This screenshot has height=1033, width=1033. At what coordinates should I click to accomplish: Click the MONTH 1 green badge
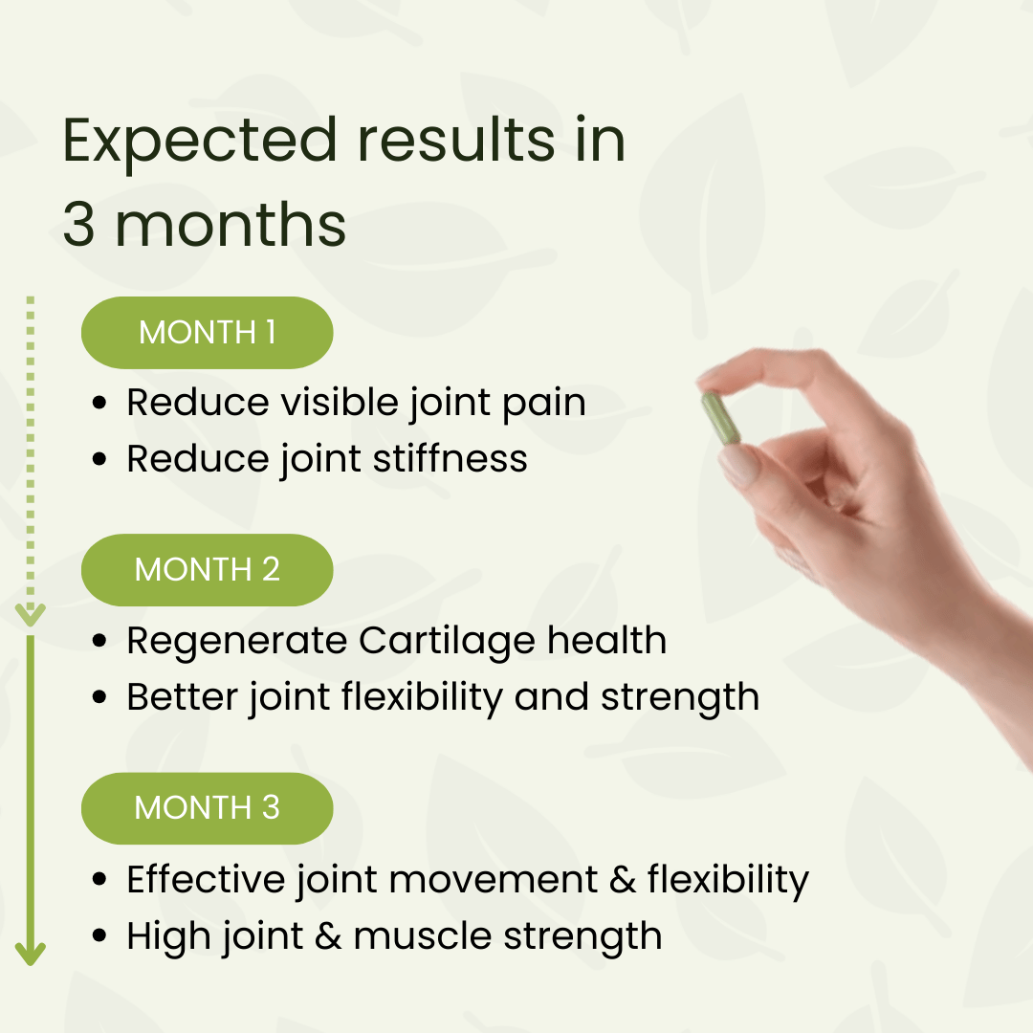pos(207,332)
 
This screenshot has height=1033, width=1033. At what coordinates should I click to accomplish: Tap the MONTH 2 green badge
pos(207,570)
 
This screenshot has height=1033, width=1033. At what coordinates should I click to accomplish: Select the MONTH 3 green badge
pos(207,808)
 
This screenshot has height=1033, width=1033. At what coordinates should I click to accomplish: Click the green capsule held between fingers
pos(721,418)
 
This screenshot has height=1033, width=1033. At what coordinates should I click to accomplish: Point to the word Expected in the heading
pos(200,141)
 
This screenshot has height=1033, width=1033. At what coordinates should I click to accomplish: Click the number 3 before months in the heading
pos(79,226)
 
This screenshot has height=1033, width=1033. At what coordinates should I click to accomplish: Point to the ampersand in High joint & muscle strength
pos(328,936)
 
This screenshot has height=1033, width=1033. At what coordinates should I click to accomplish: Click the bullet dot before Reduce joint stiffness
pos(99,460)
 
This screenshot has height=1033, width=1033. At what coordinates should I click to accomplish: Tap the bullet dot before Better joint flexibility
pos(99,698)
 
